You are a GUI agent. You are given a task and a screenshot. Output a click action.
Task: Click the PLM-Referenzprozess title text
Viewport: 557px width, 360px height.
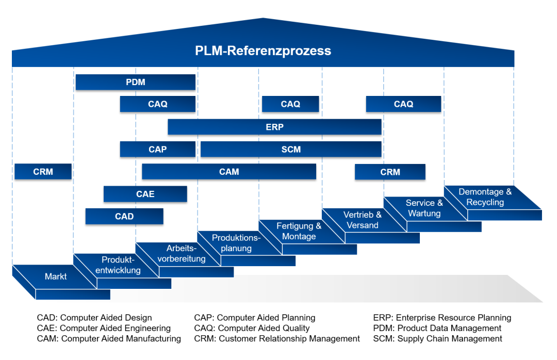pos(263,51)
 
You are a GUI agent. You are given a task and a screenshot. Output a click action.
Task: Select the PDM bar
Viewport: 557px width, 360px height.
pos(135,82)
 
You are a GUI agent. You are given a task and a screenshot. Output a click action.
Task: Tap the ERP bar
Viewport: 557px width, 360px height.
pos(274,127)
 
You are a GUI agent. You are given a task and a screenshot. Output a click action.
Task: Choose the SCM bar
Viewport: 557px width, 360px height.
pos(291,149)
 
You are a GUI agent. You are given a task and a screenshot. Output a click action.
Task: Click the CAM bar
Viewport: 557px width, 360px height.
pos(229,172)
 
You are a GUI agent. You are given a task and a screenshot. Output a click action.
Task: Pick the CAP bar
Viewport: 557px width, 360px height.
pos(157,149)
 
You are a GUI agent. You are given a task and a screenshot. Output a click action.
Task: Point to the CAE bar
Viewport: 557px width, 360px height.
pos(145,194)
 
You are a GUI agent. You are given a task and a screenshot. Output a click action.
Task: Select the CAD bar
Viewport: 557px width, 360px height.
pos(124,216)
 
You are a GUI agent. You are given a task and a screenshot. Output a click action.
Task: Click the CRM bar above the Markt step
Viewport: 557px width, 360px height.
pos(43,172)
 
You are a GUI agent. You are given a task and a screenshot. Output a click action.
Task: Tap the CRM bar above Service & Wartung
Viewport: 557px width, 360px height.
pos(390,172)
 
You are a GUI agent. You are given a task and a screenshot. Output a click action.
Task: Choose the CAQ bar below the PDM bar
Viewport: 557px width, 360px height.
pos(157,104)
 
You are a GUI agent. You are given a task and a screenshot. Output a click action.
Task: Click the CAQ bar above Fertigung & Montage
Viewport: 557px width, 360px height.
pos(290,104)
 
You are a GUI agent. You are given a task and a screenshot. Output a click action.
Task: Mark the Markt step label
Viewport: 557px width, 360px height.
pos(56,276)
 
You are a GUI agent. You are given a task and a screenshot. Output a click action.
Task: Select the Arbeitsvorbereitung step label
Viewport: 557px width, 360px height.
pos(182,253)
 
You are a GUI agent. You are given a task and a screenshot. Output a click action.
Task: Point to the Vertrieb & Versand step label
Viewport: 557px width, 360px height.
pos(363,220)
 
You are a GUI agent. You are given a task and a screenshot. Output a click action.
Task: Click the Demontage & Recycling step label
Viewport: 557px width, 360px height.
pos(485,197)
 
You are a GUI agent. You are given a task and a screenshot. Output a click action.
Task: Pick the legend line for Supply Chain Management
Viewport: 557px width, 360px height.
pos(437,339)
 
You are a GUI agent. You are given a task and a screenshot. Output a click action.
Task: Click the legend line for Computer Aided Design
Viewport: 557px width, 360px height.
pos(94,318)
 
